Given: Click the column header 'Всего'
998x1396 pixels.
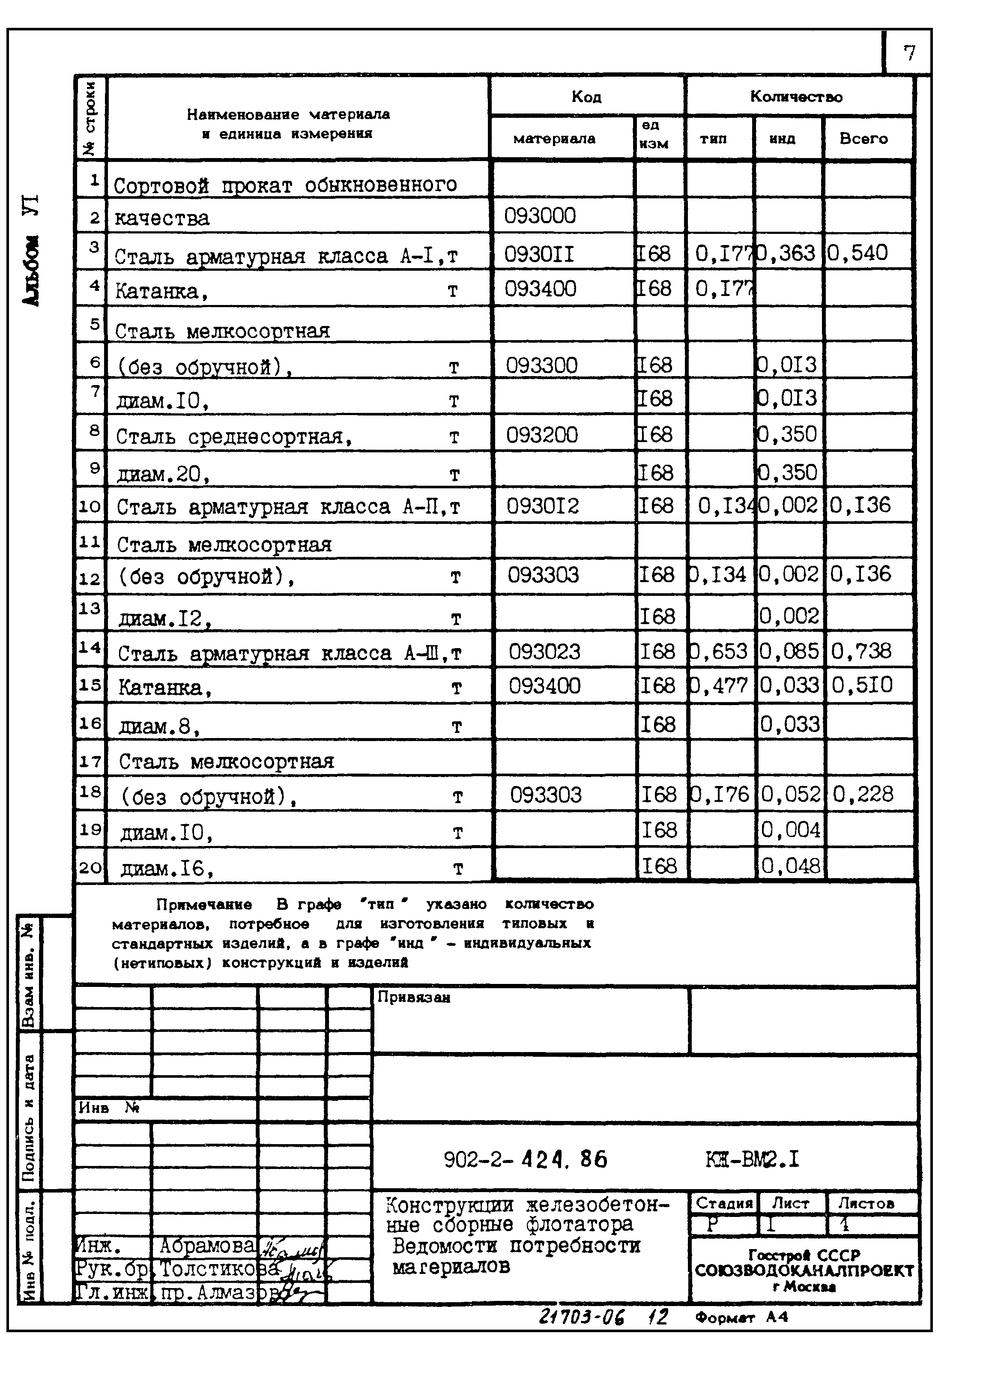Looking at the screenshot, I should (x=864, y=138).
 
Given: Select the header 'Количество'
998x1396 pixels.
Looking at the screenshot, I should (x=796, y=96).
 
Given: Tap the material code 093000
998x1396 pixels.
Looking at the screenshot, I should (x=540, y=215).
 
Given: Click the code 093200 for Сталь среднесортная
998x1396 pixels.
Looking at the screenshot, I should (x=541, y=435).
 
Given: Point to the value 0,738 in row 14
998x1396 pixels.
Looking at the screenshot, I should (x=861, y=651).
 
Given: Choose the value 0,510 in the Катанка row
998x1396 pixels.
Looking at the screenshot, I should (x=861, y=685).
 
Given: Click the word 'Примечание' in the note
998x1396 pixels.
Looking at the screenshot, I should (x=203, y=904).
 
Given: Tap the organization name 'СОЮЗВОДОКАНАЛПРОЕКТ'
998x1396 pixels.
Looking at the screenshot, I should (x=804, y=1270).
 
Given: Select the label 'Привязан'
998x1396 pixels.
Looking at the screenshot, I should (x=414, y=998).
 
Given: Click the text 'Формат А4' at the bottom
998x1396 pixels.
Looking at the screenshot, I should (x=741, y=1317).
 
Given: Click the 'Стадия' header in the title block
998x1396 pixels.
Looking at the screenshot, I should (x=724, y=1204).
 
